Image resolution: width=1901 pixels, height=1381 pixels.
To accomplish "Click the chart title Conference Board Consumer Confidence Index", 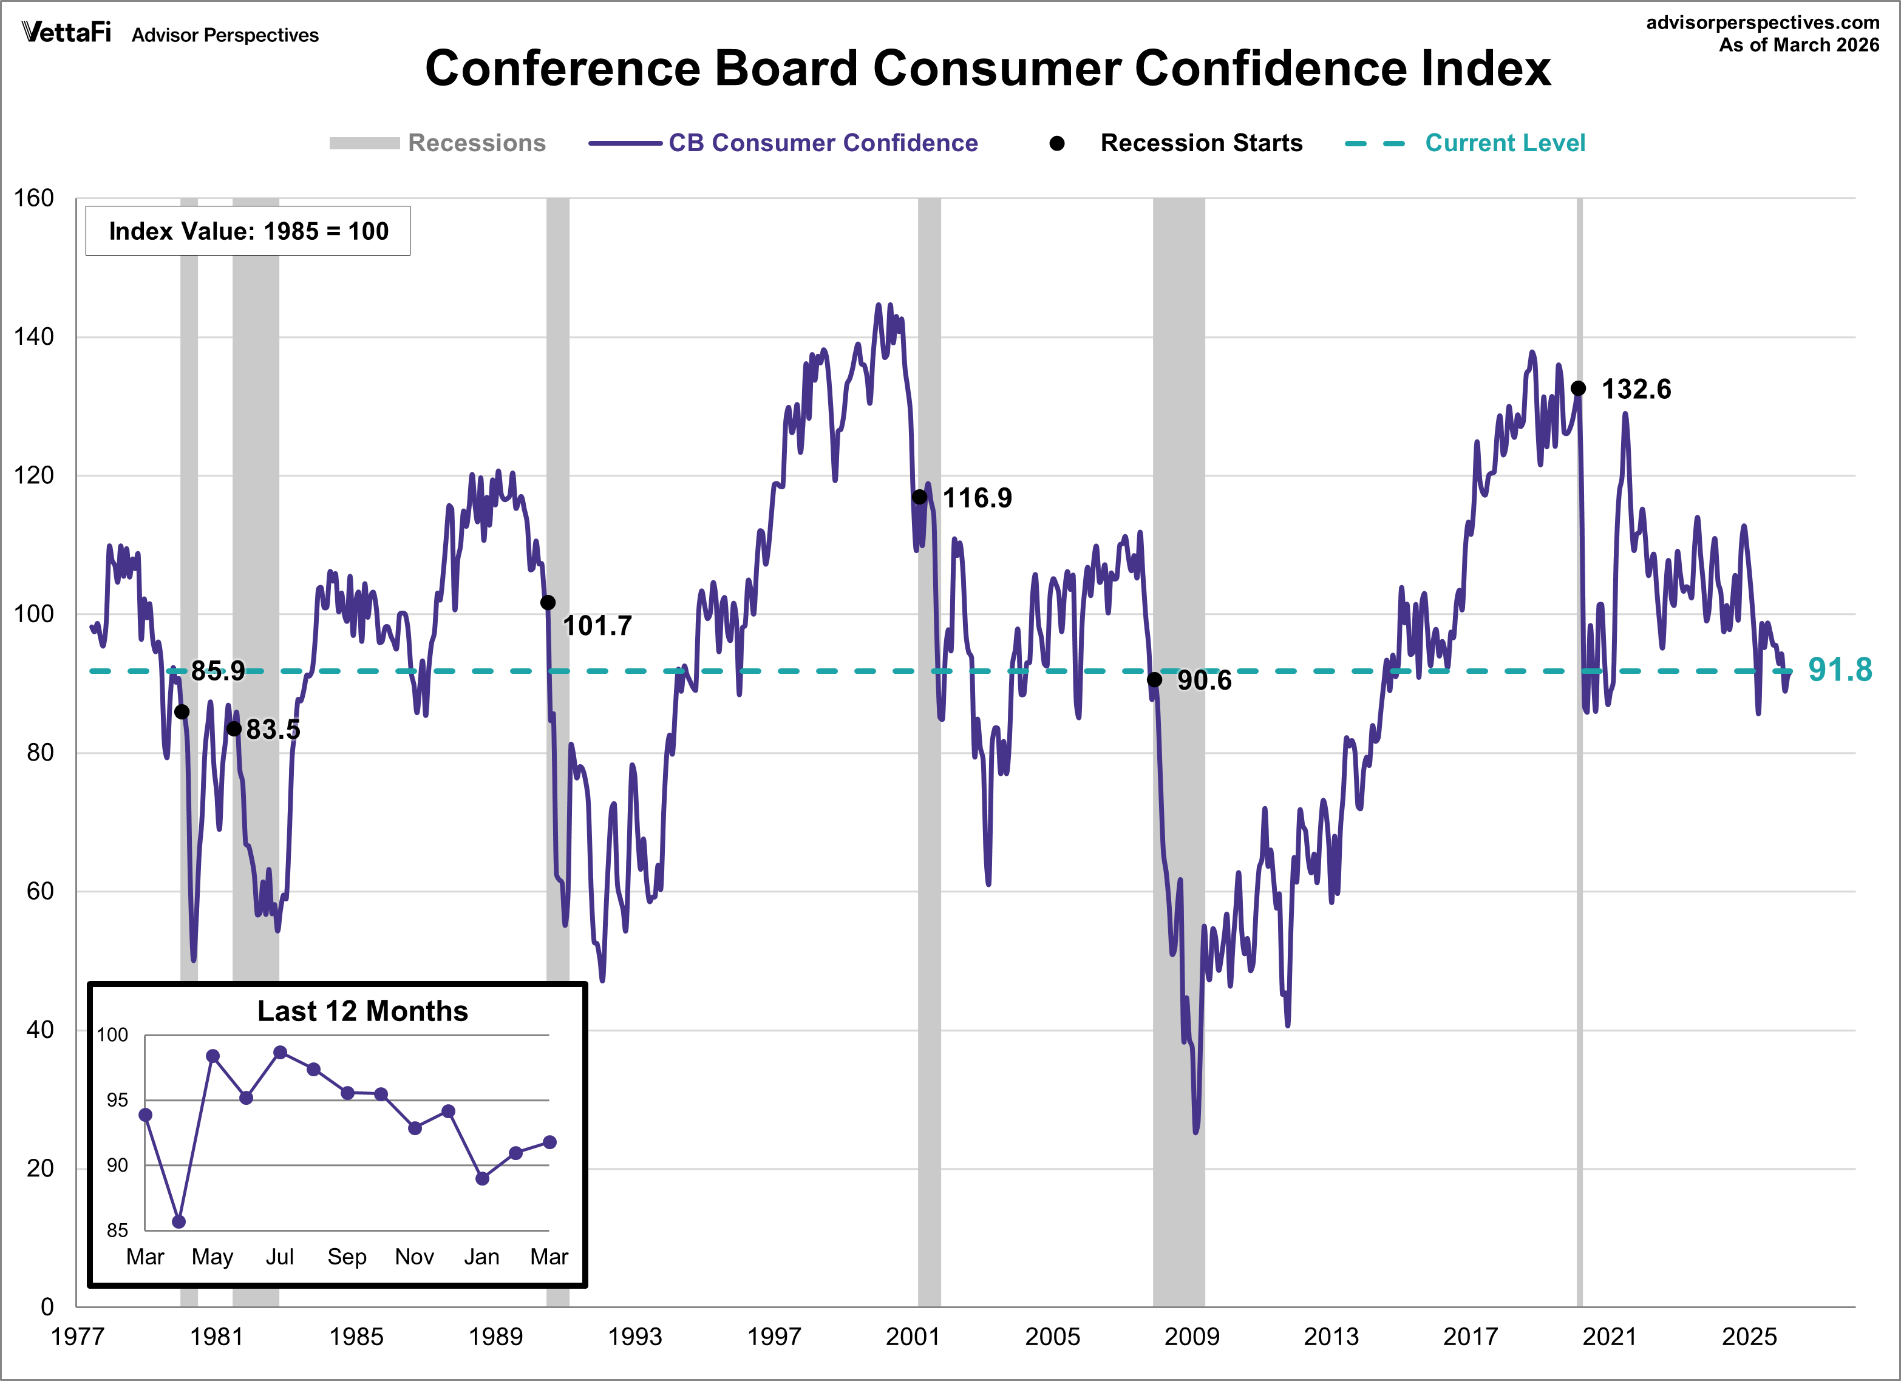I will (987, 68).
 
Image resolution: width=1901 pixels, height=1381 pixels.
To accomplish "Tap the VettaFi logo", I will (66, 33).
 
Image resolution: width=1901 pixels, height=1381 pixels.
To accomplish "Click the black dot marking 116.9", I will (919, 497).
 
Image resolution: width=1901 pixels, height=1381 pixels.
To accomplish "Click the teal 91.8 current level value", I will (1840, 670).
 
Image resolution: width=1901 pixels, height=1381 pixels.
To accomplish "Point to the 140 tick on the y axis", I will (35, 337).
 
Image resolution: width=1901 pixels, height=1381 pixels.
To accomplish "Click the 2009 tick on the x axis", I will (1191, 1337).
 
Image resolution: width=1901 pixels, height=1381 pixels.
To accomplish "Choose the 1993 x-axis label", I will (634, 1337).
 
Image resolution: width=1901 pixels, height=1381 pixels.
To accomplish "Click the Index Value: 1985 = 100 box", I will (248, 231).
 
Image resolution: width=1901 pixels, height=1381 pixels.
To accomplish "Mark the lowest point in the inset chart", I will (179, 1222).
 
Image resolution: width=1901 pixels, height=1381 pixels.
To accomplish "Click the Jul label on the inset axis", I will (279, 1257).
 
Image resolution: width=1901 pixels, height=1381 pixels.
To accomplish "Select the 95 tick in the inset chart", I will (117, 1101).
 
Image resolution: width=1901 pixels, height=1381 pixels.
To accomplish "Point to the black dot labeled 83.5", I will (234, 728).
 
